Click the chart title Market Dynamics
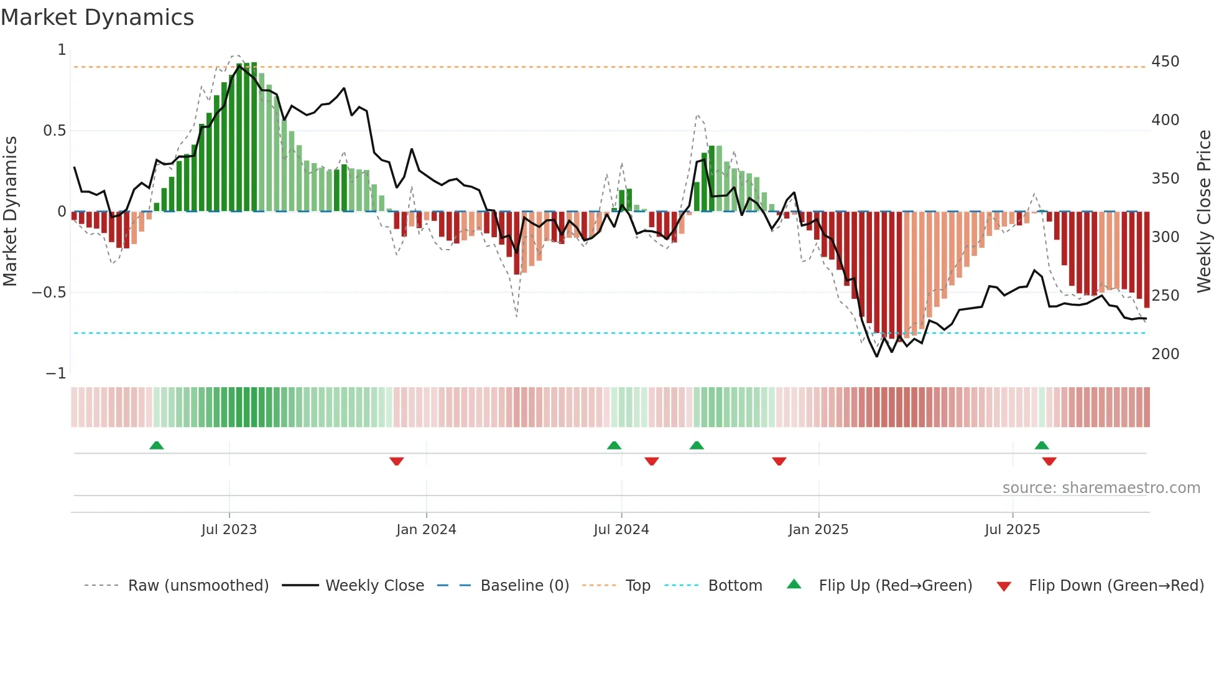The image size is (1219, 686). [x=98, y=17]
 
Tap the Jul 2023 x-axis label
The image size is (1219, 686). [x=229, y=530]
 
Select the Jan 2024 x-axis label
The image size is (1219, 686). [x=426, y=530]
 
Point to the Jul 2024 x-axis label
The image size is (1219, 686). [x=621, y=530]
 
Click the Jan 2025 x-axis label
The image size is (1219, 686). [x=818, y=530]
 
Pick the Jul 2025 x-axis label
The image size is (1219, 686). [x=1012, y=530]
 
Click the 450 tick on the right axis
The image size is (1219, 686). [x=1165, y=62]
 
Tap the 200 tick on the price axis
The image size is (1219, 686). [x=1165, y=354]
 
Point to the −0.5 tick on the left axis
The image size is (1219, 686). [x=49, y=293]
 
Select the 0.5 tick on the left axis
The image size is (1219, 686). [x=54, y=131]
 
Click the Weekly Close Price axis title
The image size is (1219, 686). [x=1204, y=210]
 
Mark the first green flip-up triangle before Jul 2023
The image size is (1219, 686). [x=157, y=446]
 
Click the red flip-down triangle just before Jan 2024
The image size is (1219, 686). [x=397, y=461]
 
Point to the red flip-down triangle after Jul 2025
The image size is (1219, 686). [x=1049, y=461]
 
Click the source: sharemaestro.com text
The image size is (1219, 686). [x=1101, y=488]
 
